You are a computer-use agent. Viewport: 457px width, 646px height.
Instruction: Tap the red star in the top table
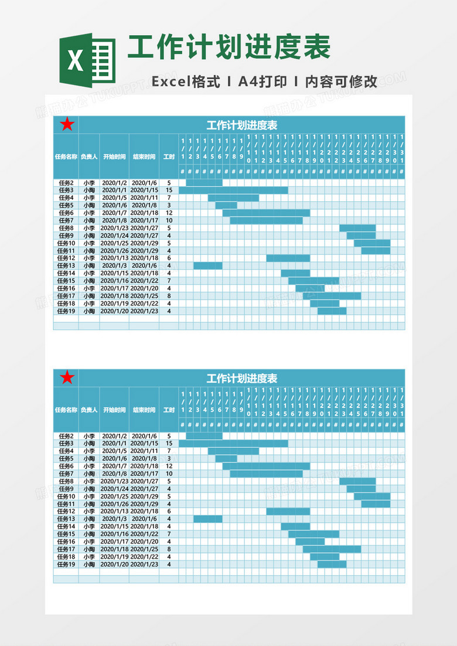[67, 124]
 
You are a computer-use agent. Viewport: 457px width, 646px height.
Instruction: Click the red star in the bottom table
[67, 378]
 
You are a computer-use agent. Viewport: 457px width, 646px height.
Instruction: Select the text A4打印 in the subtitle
[262, 82]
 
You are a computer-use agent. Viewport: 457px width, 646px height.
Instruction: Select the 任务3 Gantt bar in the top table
[233, 191]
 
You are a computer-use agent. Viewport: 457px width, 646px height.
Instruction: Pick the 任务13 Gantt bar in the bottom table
[208, 519]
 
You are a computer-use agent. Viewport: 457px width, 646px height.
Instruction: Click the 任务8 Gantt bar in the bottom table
[357, 481]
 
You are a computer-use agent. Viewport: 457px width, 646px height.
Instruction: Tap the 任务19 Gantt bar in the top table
[332, 311]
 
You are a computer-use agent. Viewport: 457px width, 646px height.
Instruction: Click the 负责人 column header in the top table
[89, 157]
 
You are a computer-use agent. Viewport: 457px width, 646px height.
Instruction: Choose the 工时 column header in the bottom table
[169, 410]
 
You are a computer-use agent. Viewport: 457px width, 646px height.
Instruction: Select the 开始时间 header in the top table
[114, 157]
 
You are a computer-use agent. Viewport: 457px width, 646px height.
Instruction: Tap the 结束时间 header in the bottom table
[144, 410]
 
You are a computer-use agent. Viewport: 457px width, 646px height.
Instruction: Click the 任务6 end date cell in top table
[144, 213]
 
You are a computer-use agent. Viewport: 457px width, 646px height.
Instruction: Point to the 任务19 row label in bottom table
[66, 564]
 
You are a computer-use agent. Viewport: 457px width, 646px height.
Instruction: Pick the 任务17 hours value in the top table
[169, 296]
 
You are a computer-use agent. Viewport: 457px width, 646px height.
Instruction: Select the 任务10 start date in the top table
[114, 243]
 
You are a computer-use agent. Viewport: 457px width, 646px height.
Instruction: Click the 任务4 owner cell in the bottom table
[89, 451]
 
